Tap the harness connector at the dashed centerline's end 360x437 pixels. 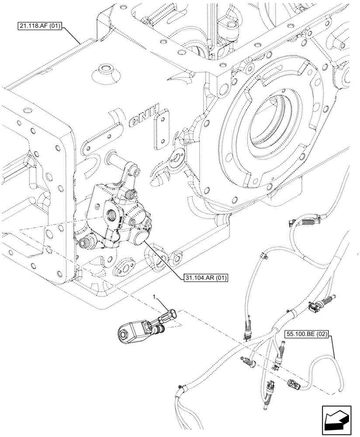(x=294, y=383)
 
